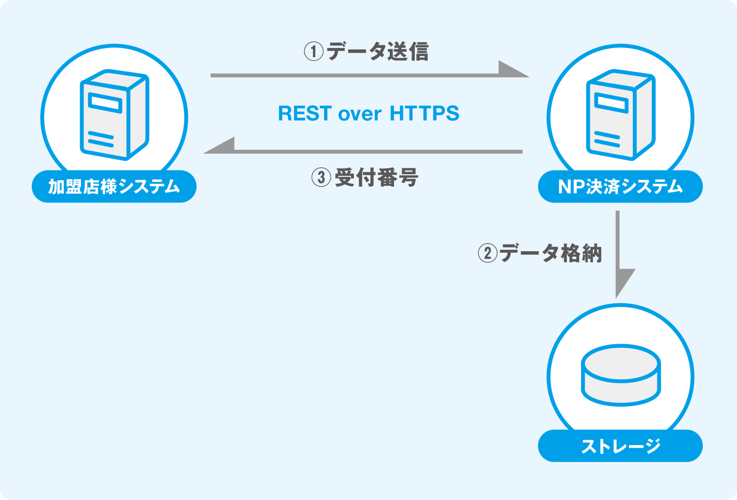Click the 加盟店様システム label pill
point(114,186)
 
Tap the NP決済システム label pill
point(620,186)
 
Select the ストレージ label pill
point(620,446)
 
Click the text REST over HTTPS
point(368,113)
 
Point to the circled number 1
point(314,51)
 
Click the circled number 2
point(488,253)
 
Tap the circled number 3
point(321,177)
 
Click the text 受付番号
point(376,177)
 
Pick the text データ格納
point(551,253)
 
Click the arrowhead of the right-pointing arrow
point(514,69)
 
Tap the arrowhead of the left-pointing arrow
point(219,145)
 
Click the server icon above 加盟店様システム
point(115,115)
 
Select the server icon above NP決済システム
point(621,115)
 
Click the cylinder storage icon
point(621,375)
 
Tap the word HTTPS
point(424,113)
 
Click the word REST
point(305,113)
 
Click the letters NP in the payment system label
point(571,187)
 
